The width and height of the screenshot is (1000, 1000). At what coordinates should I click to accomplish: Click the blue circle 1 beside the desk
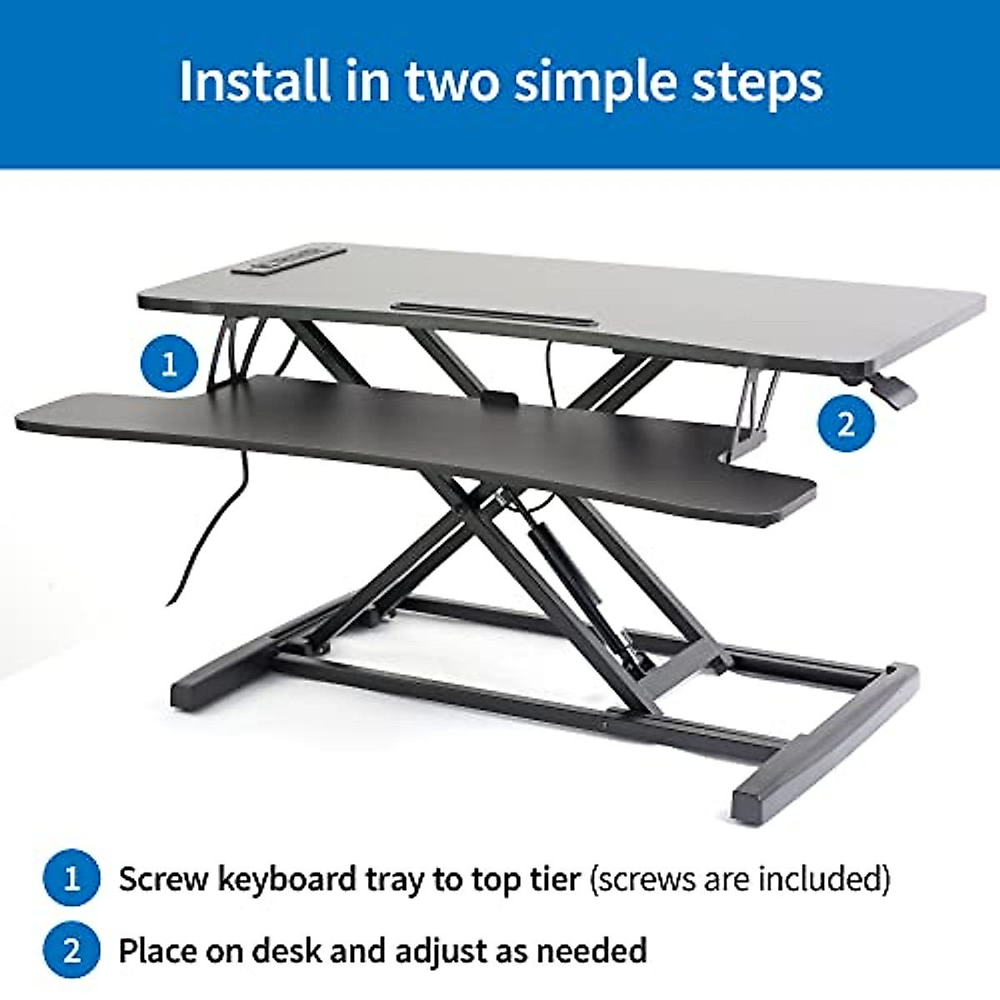[x=170, y=364]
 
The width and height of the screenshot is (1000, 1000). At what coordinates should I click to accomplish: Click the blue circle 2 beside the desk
[x=846, y=423]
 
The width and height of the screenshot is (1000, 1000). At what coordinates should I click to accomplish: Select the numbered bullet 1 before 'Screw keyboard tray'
[x=72, y=878]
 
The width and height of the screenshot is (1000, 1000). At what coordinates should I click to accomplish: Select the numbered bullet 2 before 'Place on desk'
[x=72, y=950]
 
